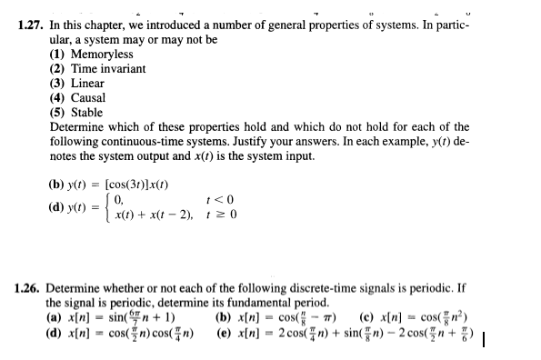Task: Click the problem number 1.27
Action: [x=32, y=25]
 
